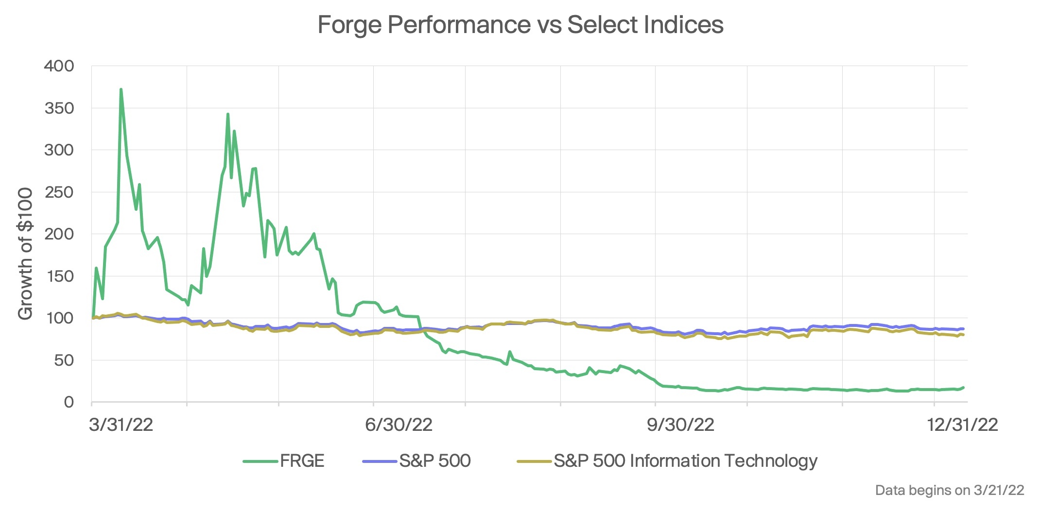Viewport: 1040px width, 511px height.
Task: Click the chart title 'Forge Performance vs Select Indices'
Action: pos(520,24)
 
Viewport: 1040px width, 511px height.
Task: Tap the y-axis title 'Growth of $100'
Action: pos(25,254)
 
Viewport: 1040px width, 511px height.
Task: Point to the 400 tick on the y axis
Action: pos(59,66)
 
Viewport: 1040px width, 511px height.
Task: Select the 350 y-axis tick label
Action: pos(59,108)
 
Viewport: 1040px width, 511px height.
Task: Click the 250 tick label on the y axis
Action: pos(59,192)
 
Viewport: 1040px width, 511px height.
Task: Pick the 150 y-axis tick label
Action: pos(59,276)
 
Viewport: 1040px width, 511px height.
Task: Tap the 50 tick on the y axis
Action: pos(63,360)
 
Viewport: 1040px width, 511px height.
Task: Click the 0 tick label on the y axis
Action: pos(69,402)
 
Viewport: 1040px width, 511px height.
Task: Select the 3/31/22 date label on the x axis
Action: pos(121,425)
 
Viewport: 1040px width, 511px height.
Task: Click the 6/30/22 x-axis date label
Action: pos(399,425)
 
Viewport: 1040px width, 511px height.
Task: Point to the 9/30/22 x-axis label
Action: pos(680,425)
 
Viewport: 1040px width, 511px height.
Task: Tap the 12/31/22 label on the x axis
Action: pos(962,425)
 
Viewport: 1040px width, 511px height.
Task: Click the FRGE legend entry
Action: pos(284,460)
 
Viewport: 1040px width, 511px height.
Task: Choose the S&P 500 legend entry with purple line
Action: pos(417,460)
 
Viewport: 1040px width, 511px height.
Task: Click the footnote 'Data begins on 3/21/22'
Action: pos(949,490)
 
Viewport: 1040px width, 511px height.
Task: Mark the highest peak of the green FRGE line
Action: pos(121,89)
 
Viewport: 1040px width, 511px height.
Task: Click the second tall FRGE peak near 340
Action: pos(228,114)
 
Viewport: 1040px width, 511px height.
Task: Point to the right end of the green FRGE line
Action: pos(963,387)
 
